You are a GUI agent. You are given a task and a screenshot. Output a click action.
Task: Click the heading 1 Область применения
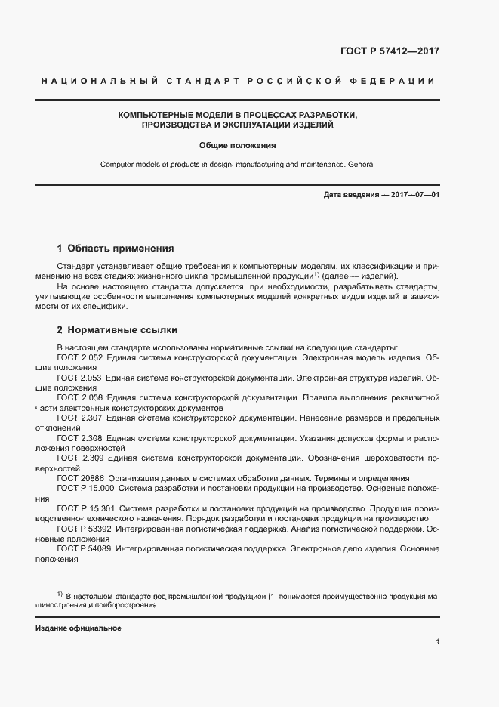click(x=116, y=248)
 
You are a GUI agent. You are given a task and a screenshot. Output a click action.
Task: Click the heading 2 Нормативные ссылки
click(x=117, y=330)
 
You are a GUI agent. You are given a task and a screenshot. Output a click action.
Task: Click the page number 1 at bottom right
click(x=437, y=643)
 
